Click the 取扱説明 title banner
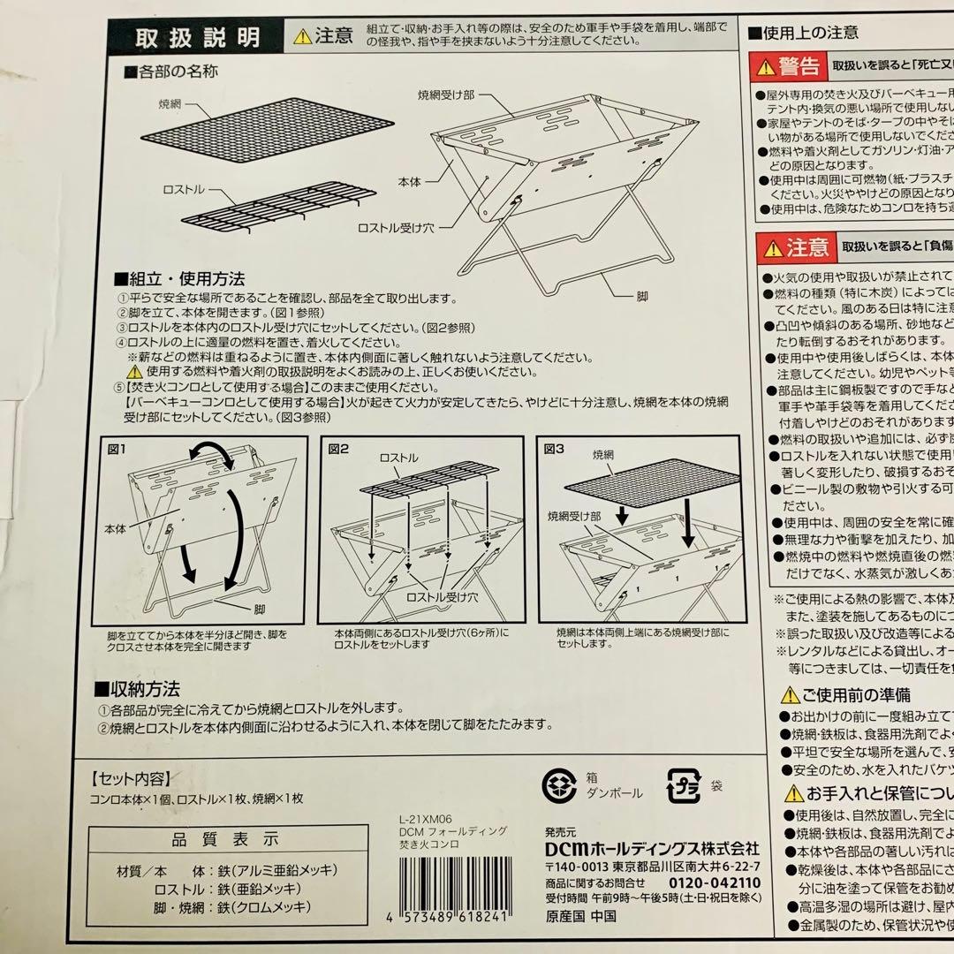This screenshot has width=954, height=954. tap(196, 38)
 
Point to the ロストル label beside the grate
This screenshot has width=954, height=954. tap(185, 189)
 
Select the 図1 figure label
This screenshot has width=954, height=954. tap(117, 448)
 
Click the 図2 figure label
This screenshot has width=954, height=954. tap(338, 448)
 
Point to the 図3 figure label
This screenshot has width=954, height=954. tap(554, 448)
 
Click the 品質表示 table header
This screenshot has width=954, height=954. tap(225, 839)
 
